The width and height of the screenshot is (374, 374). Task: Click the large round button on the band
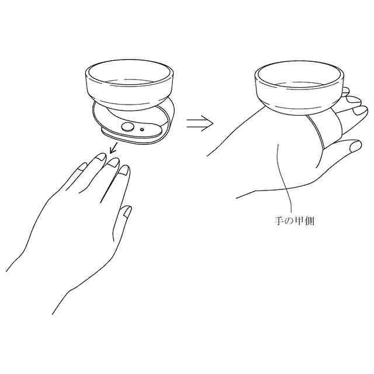click(127, 127)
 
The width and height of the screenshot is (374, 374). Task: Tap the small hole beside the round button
click(143, 130)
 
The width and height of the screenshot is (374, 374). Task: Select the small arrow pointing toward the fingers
click(113, 148)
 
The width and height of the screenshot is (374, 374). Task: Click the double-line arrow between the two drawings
click(199, 123)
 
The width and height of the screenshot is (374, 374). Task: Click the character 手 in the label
click(278, 221)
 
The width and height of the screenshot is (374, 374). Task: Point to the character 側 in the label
click(309, 221)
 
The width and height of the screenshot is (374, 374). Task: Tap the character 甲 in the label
click(299, 221)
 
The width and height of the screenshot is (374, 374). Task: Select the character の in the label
click(289, 221)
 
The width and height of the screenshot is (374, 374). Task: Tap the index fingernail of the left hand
click(124, 170)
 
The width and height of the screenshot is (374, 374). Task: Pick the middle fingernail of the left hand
click(113, 162)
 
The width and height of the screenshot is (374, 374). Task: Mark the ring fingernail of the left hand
click(101, 157)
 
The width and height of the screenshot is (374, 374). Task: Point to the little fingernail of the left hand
click(83, 167)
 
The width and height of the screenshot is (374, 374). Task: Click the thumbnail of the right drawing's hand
click(355, 146)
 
